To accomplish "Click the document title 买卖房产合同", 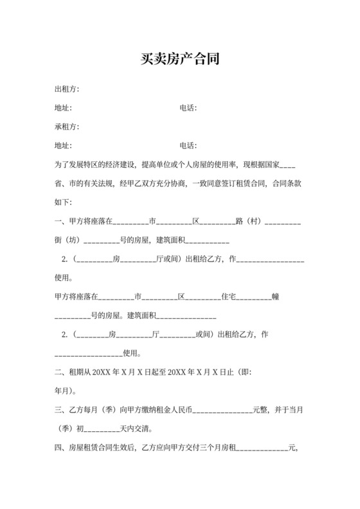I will [x=179, y=60].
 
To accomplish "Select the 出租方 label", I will [x=66, y=89].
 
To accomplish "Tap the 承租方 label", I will [x=66, y=127].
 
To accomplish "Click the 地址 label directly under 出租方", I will [x=63, y=108].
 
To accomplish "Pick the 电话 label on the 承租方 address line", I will [x=188, y=145].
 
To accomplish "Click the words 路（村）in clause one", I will [x=249, y=222].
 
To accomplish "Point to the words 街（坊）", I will [x=69, y=241].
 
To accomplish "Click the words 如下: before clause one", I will [x=65, y=202].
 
